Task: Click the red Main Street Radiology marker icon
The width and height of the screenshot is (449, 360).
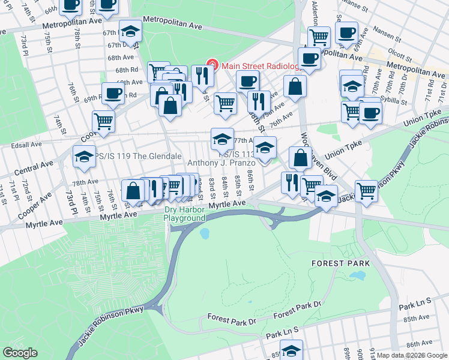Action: click(211, 64)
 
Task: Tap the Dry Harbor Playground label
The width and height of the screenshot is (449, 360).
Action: click(185, 214)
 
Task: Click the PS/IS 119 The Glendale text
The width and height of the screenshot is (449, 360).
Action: click(139, 156)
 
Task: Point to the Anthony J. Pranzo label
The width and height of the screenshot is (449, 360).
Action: click(222, 163)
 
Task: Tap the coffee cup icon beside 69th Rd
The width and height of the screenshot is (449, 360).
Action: click(113, 93)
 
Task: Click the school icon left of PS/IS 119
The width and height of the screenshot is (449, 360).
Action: click(84, 157)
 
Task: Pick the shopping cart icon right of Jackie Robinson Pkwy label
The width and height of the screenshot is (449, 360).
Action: click(366, 191)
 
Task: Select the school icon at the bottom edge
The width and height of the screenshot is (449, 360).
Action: click(292, 350)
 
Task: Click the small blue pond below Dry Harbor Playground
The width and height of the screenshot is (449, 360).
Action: click(204, 232)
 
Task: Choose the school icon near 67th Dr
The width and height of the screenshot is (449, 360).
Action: click(130, 30)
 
